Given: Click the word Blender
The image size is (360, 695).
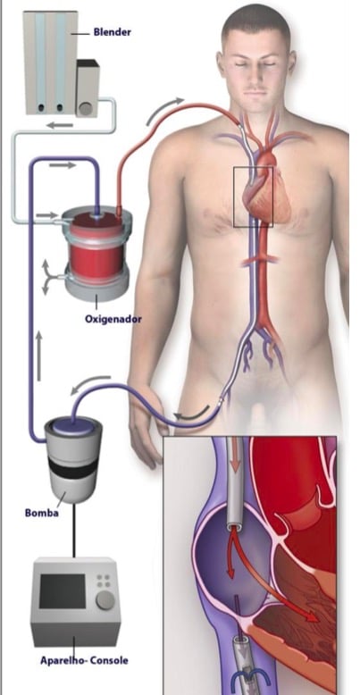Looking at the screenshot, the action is pyautogui.click(x=113, y=32).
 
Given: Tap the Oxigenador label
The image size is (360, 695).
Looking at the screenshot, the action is pyautogui.click(x=113, y=319).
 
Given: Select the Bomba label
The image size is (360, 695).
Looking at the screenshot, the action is pyautogui.click(x=42, y=514).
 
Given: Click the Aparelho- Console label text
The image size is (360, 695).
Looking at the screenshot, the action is pyautogui.click(x=84, y=660).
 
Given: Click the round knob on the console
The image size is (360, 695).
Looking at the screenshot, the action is pyautogui.click(x=105, y=599).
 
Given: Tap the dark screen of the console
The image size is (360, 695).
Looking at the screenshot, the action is pyautogui.click(x=62, y=591).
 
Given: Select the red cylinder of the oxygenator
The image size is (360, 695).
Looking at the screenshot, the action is pyautogui.click(x=96, y=249).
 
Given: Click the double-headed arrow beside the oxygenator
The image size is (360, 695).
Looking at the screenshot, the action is pyautogui.click(x=46, y=278).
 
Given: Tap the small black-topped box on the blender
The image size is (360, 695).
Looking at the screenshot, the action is pyautogui.click(x=88, y=88).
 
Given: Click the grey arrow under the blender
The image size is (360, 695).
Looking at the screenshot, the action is pyautogui.click(x=60, y=125).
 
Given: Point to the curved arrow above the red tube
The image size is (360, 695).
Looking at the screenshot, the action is pyautogui.click(x=163, y=109).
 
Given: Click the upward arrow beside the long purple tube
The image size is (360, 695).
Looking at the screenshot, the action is pyautogui.click(x=39, y=356).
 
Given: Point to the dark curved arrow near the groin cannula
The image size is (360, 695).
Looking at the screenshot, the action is pyautogui.click(x=191, y=414).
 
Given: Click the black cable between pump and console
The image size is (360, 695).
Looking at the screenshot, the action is pyautogui.click(x=73, y=530).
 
